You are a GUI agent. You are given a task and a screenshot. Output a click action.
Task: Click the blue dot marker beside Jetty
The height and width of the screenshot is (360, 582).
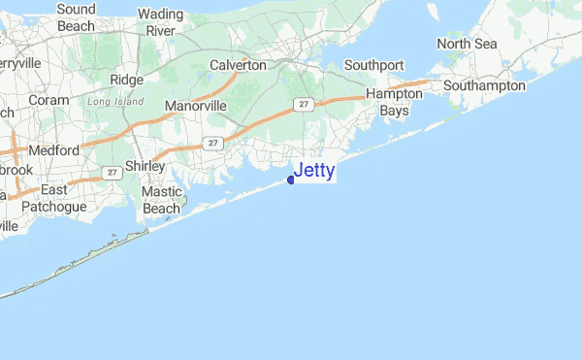click(291, 179)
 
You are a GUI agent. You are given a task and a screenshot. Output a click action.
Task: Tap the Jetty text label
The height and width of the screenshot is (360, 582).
click(314, 172)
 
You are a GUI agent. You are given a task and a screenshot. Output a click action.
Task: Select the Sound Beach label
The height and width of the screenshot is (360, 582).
click(76, 16)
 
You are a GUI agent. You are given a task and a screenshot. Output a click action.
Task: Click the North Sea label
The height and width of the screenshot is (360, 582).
click(466, 44)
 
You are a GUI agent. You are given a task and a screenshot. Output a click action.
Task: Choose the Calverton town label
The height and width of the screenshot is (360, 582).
click(238, 65)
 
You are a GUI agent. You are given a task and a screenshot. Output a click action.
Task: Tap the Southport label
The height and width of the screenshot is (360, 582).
click(373, 65)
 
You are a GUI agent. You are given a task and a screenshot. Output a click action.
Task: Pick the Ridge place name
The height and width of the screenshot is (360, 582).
click(127, 80)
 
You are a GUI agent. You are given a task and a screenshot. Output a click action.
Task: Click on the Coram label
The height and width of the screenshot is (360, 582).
click(49, 99)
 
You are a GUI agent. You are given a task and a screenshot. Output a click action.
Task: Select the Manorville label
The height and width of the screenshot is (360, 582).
click(195, 105)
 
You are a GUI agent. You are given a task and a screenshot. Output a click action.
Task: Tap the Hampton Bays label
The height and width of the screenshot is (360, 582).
click(394, 103)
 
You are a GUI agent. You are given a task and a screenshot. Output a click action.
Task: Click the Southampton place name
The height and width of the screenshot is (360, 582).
click(484, 86)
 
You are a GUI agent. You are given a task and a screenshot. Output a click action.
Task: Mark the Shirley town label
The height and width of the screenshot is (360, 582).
click(145, 166)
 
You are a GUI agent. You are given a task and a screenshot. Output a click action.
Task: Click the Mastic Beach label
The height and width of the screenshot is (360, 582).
click(162, 200)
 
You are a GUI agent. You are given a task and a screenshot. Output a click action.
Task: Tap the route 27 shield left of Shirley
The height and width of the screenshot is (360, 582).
click(113, 173)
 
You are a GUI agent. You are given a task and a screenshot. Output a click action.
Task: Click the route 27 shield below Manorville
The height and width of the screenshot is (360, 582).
click(213, 142)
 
